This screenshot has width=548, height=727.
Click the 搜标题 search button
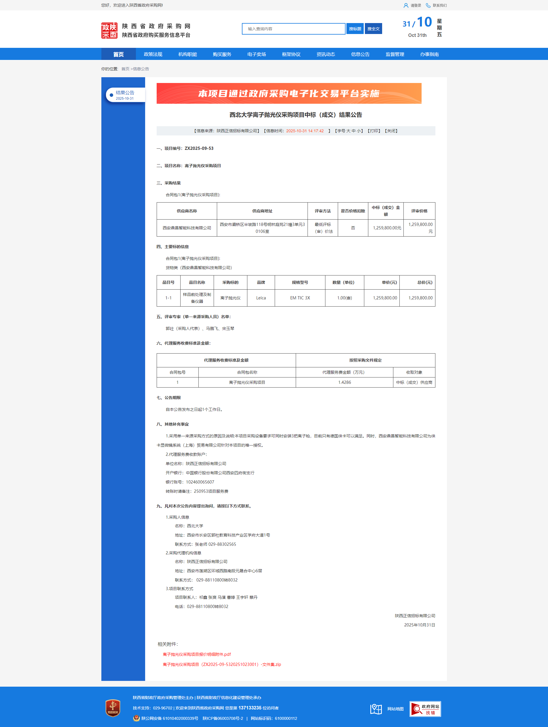(x=355, y=29)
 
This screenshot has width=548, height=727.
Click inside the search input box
(x=293, y=29)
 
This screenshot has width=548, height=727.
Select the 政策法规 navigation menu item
(x=153, y=54)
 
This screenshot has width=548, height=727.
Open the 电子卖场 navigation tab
(x=257, y=54)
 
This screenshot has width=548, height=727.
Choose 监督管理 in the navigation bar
(x=395, y=54)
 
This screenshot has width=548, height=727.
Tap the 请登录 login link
(x=416, y=5)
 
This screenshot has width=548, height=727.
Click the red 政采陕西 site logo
(x=109, y=31)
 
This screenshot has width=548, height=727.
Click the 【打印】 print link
(x=374, y=131)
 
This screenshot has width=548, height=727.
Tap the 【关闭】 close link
(x=391, y=131)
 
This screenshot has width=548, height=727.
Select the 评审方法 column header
(x=323, y=211)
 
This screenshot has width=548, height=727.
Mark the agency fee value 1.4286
(x=344, y=383)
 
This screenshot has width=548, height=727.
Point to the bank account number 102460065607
(x=200, y=482)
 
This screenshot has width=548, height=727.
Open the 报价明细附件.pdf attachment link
(x=197, y=654)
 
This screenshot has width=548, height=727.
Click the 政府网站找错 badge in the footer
(x=425, y=709)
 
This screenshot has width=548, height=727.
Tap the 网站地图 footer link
(x=395, y=709)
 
